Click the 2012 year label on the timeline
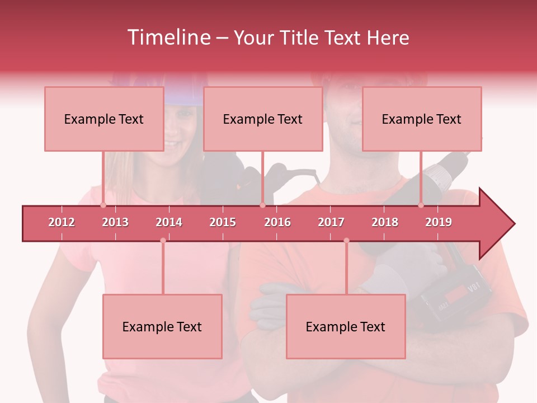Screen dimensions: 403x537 62,222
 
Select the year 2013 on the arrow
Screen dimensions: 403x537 115,222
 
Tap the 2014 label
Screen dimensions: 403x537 169,222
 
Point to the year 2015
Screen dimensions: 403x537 223,222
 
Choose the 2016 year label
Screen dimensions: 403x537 277,222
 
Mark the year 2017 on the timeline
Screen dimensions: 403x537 331,222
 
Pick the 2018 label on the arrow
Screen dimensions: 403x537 385,222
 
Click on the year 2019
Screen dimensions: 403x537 439,222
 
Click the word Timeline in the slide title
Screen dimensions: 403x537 168,38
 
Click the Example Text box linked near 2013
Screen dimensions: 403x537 104,119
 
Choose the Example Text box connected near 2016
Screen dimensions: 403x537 263,119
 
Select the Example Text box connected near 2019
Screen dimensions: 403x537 422,119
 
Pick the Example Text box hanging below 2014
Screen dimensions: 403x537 162,326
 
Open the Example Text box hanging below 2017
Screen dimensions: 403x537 346,326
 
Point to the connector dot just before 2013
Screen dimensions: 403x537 103,205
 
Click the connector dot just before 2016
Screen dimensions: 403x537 262,205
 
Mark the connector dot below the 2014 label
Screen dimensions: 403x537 163,241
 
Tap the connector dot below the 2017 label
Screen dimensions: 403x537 346,241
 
